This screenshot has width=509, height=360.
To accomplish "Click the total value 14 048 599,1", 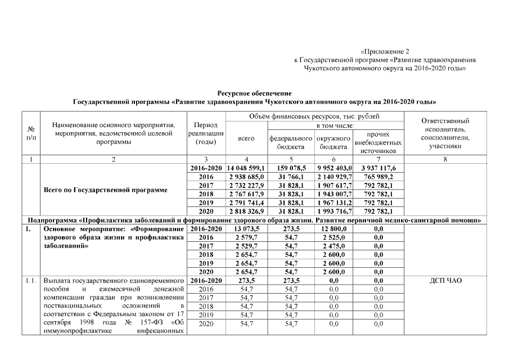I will coord(246,168).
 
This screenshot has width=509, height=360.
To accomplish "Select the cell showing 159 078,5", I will coord(291,168).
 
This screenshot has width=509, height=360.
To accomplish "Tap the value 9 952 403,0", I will coord(335,168).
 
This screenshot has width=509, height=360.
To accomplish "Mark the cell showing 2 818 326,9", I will coord(246,211).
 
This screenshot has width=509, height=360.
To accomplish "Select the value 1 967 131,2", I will coord(335,202).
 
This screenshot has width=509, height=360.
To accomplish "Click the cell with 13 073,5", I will coord(246,228).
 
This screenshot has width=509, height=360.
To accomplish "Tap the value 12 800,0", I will coord(335,228).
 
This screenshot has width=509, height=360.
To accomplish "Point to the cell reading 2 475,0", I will coord(335,246).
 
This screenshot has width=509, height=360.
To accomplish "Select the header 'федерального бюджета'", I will coord(291,142).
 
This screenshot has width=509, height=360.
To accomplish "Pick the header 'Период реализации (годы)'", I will coord(205,133).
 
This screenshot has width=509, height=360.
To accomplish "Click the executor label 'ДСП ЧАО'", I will coord(445,280).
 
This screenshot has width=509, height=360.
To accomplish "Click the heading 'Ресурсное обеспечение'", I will coord(254,93).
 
